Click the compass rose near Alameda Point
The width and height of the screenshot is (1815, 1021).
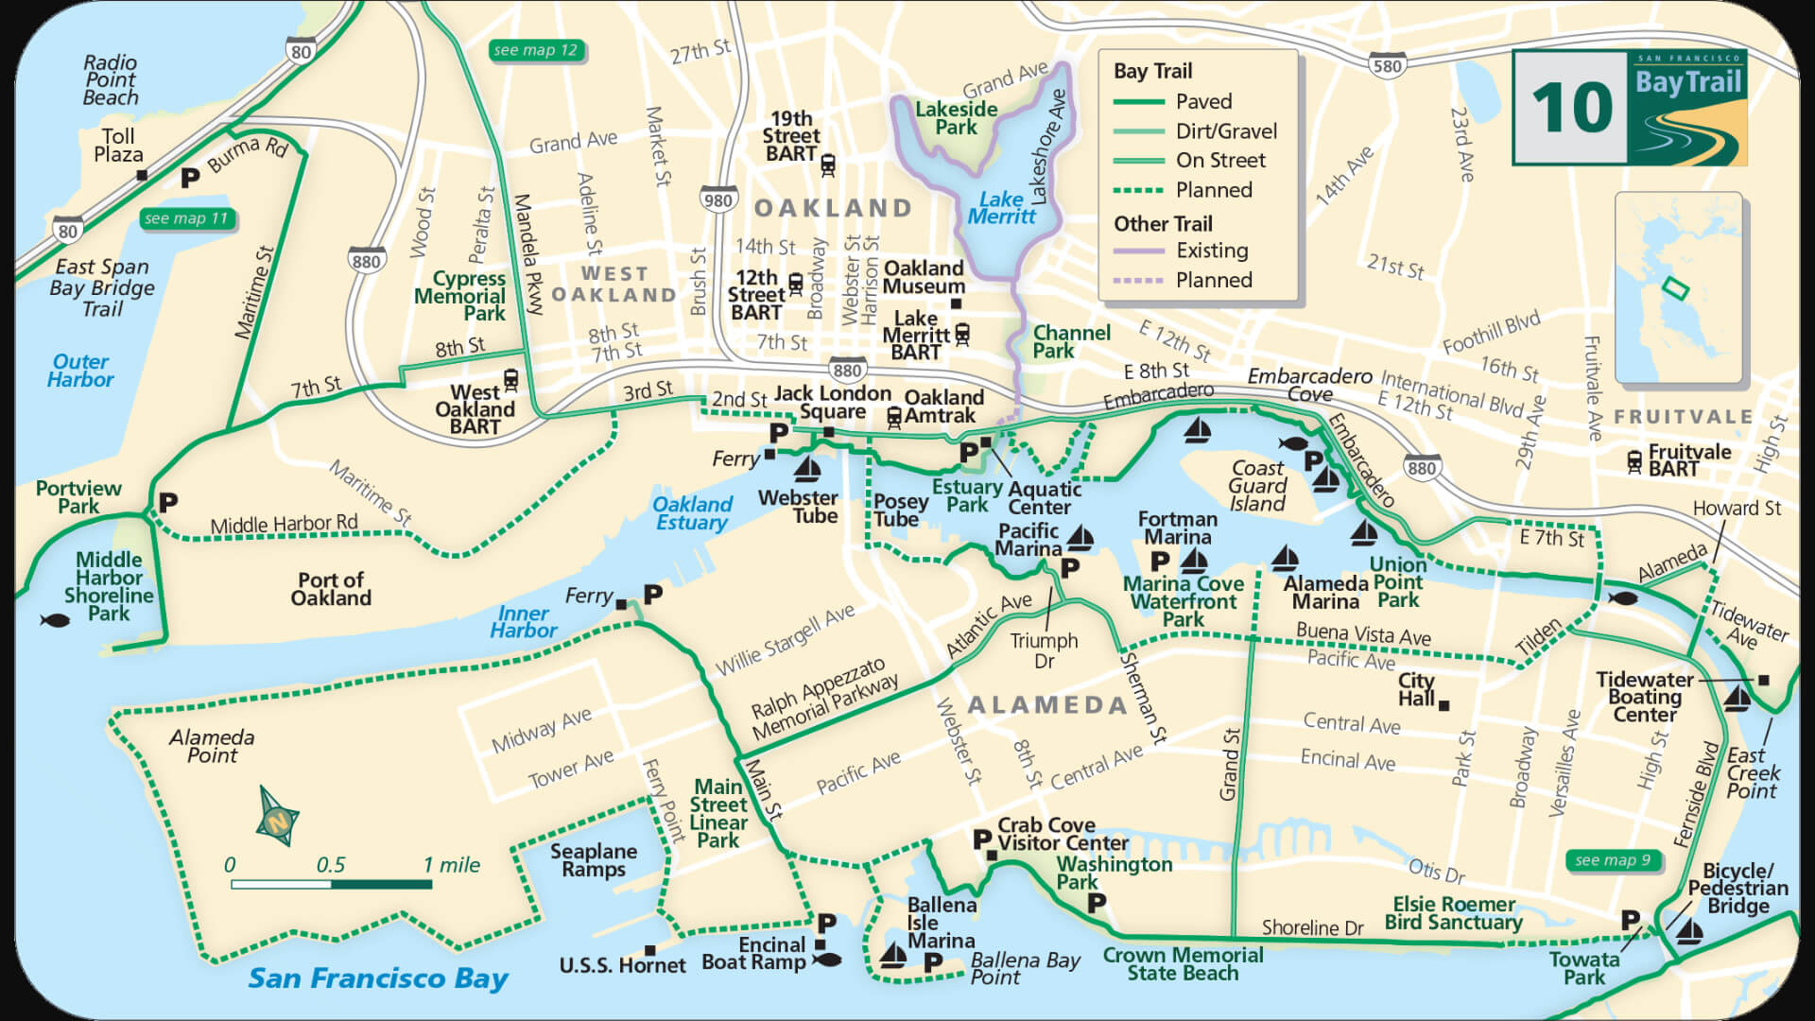point(277,817)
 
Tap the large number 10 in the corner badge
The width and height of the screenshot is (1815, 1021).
point(1571,108)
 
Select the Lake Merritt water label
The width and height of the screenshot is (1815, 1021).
point(1001,207)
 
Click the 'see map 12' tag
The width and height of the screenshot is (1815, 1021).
point(535,50)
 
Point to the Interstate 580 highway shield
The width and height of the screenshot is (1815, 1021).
point(1387,65)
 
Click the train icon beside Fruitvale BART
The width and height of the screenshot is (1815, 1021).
point(1634,460)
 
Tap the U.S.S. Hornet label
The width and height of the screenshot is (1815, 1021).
point(622,965)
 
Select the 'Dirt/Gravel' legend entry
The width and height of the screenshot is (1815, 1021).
point(1225,131)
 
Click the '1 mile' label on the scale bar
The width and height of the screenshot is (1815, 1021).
point(451,864)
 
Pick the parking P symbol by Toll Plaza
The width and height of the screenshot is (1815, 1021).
point(190,178)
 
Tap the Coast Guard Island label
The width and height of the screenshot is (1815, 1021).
point(1257,485)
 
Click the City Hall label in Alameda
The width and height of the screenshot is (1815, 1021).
point(1416,689)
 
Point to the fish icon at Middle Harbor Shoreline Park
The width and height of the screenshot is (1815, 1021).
point(55,620)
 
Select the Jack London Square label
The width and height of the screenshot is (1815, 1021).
point(832,402)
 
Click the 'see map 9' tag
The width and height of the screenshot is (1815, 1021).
point(1613,859)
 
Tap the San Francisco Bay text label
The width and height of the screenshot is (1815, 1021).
point(378,978)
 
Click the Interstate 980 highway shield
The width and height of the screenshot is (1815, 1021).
point(718,199)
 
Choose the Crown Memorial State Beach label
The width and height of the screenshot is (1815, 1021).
point(1183,963)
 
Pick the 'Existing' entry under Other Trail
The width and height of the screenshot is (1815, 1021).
point(1212,251)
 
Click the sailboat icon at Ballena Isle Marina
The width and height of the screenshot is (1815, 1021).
point(891,956)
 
